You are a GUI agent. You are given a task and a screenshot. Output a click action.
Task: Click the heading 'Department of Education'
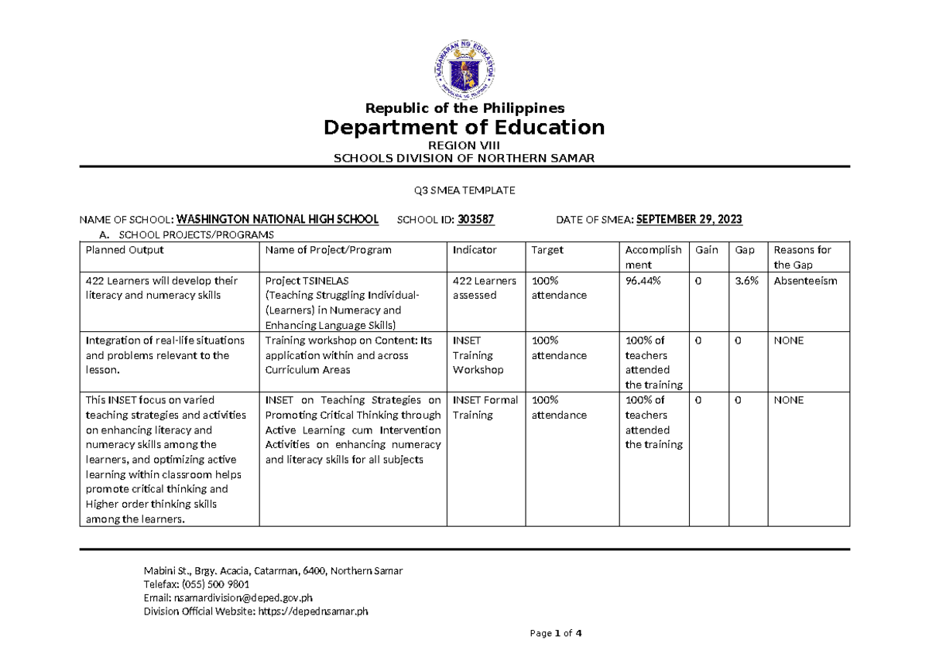click(x=464, y=127)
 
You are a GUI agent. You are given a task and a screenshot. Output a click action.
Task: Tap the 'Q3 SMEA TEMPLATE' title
click(x=464, y=190)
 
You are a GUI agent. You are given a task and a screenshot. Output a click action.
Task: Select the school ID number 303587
click(x=475, y=220)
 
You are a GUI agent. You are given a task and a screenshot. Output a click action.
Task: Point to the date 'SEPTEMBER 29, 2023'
click(x=688, y=220)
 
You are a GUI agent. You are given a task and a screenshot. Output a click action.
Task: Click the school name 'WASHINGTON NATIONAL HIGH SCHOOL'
click(x=279, y=220)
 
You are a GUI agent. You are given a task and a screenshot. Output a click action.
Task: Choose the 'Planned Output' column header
click(x=125, y=250)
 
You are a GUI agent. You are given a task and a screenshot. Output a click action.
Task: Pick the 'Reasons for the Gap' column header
click(x=802, y=257)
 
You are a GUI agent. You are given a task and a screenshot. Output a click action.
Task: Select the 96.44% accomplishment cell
click(x=643, y=281)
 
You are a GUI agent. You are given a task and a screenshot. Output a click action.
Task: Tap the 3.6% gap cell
click(x=746, y=281)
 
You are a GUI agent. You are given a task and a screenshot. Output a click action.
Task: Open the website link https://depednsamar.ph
click(x=313, y=611)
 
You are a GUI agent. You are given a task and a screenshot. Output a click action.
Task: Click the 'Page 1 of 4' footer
click(x=555, y=633)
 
